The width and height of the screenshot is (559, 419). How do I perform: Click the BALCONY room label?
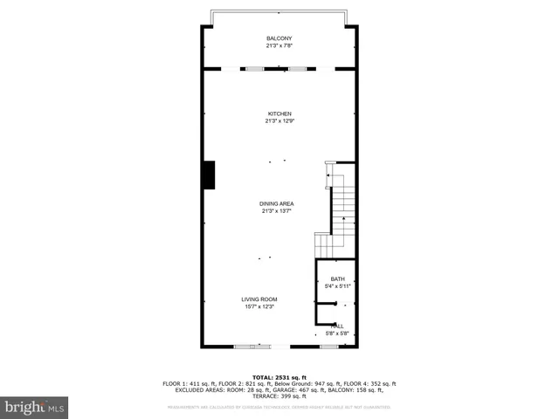(279, 38)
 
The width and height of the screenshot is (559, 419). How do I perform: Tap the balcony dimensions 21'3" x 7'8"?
(279, 46)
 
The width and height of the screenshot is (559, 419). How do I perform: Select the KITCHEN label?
(279, 113)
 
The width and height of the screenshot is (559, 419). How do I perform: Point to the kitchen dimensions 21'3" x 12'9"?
(279, 121)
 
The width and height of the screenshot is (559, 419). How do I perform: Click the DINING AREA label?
(276, 203)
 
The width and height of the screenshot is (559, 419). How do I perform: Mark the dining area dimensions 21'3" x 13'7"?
(276, 211)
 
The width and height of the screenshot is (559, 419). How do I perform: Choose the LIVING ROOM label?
(259, 299)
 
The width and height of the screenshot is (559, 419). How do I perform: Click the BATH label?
(337, 278)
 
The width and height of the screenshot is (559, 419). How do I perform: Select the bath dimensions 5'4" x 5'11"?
(337, 286)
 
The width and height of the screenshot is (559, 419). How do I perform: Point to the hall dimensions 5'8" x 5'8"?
(337, 333)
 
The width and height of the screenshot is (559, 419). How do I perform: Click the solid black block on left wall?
(210, 175)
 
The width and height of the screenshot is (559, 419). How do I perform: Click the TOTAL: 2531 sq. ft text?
(279, 376)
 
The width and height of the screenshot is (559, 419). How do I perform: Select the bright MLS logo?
(34, 407)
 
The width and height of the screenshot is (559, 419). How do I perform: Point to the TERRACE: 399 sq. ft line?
(279, 397)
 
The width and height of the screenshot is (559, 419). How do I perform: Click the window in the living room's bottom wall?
(252, 347)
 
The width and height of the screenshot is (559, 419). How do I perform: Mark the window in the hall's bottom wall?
(328, 347)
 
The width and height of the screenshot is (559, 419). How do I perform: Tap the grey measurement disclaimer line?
(279, 407)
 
